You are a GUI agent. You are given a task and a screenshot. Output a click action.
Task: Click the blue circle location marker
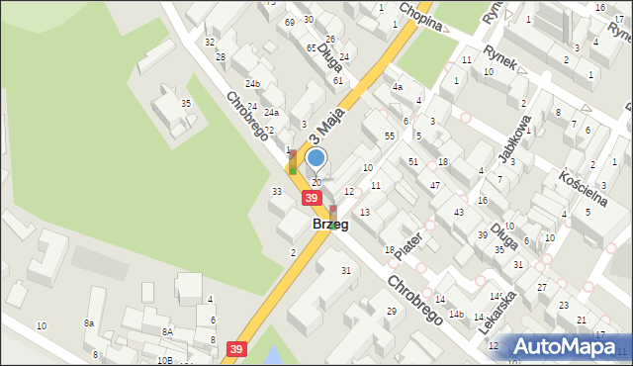pyautogui.click(x=316, y=157)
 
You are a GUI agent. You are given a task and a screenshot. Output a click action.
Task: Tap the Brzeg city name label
pyautogui.click(x=329, y=225)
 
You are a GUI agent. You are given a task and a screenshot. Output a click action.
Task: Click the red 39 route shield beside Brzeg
pyautogui.click(x=312, y=199)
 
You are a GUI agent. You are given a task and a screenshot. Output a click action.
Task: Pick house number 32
pyautogui.click(x=210, y=42)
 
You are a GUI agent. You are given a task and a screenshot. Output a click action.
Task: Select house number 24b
pyautogui.click(x=254, y=83)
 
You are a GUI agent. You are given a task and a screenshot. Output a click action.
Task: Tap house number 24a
pyautogui.click(x=271, y=112)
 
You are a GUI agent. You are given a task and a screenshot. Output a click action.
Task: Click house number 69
pyautogui.click(x=289, y=22)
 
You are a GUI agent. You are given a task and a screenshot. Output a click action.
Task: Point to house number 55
pyautogui.click(x=390, y=135)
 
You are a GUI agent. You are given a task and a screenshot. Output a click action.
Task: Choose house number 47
pyautogui.click(x=434, y=186)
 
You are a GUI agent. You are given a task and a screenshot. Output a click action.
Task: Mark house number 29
pyautogui.click(x=391, y=312)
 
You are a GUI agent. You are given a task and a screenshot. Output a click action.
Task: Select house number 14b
pyautogui.click(x=456, y=315)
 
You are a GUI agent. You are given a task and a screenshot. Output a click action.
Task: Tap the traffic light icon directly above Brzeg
pyautogui.click(x=332, y=211)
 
